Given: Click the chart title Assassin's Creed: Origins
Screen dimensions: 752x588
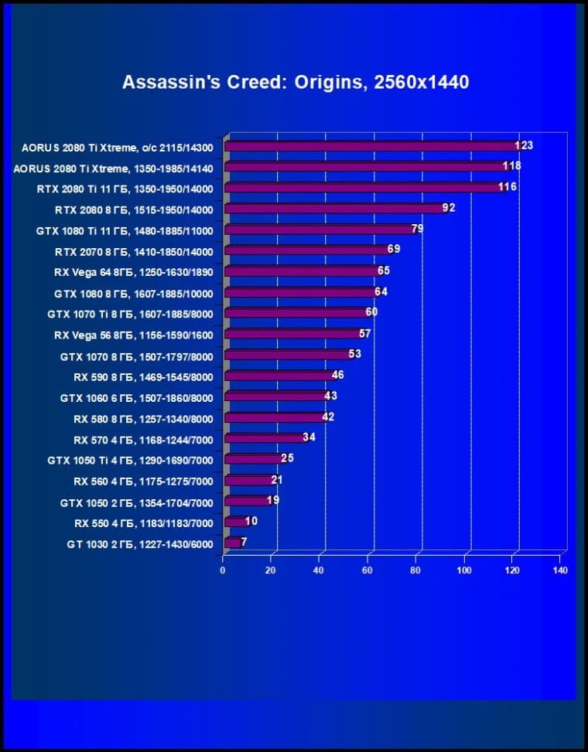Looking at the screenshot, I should tap(295, 82).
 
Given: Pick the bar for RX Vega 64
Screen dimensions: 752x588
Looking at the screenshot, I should tap(302, 271).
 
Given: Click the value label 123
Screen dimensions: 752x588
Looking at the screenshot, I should tap(525, 145).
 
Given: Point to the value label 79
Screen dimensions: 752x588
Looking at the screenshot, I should tap(417, 229).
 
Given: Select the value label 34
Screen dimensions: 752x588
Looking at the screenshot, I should tap(309, 437).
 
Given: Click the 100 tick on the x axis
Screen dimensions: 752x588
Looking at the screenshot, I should tap(464, 570).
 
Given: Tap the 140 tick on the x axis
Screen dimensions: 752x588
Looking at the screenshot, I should tap(561, 570).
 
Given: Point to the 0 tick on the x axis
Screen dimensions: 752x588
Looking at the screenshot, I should tap(223, 570).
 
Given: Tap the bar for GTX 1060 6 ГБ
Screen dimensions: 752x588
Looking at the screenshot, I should tap(275, 396).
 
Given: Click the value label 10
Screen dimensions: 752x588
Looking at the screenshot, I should tap(251, 521).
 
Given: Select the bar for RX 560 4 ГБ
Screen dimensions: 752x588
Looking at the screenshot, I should tap(248, 480).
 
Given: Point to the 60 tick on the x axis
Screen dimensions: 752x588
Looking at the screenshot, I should tap(367, 570).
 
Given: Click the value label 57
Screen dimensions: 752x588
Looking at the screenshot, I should tap(365, 333).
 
